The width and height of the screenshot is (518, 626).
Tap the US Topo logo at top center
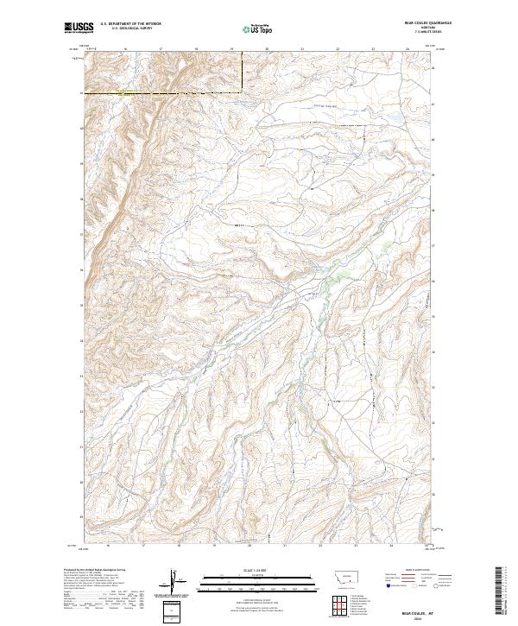coord(251,28)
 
